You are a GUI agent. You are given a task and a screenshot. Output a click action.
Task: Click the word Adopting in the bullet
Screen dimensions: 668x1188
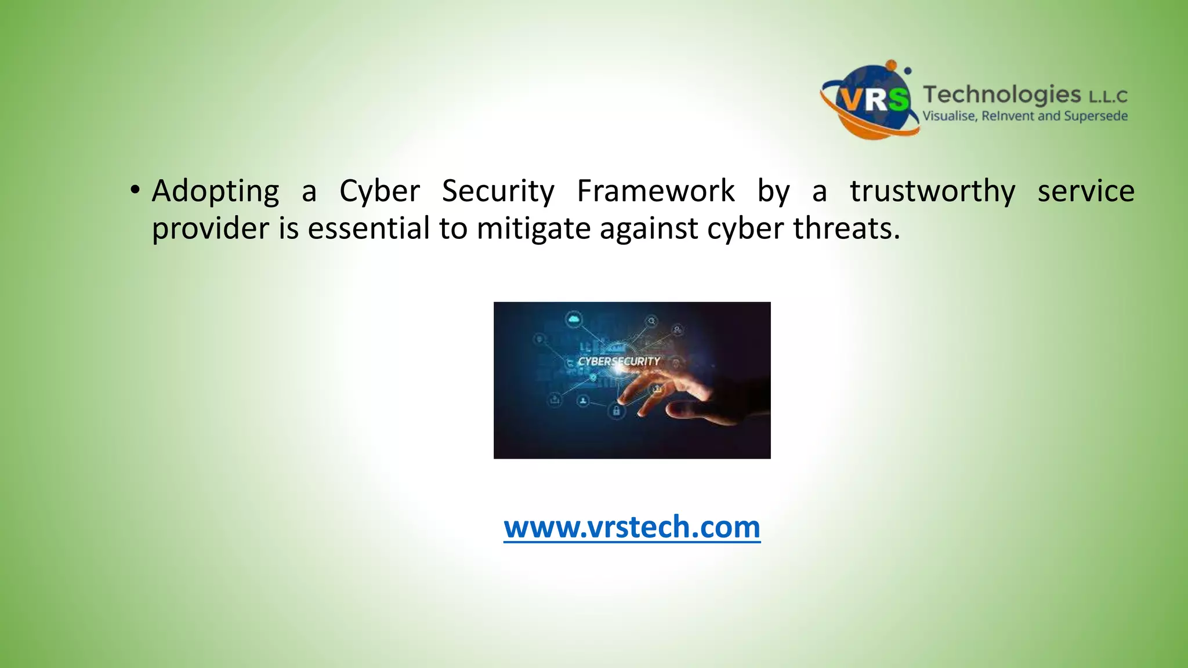(215, 192)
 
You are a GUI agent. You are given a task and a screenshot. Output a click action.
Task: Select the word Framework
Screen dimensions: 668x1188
(655, 191)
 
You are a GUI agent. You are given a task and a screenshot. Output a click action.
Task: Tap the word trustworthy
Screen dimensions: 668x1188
(933, 191)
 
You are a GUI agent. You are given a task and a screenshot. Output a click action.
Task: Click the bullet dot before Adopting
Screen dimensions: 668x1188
(135, 190)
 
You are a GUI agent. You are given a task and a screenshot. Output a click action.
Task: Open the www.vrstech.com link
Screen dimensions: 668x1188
(632, 527)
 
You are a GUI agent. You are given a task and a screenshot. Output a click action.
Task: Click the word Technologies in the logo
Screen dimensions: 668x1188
(1002, 94)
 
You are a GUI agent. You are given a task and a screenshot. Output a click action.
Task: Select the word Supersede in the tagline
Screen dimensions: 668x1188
(1096, 116)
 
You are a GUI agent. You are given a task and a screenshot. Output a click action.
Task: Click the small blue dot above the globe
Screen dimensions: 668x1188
(908, 71)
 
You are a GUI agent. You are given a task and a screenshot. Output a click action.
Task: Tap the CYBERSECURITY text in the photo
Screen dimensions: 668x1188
(619, 361)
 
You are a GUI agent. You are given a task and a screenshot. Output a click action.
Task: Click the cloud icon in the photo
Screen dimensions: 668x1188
(574, 320)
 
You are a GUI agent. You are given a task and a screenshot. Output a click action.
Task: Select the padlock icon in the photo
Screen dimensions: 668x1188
(616, 411)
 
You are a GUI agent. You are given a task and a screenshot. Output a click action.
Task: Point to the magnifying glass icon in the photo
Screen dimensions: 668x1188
(651, 321)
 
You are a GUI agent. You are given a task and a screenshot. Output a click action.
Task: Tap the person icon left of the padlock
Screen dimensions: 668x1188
(584, 401)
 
